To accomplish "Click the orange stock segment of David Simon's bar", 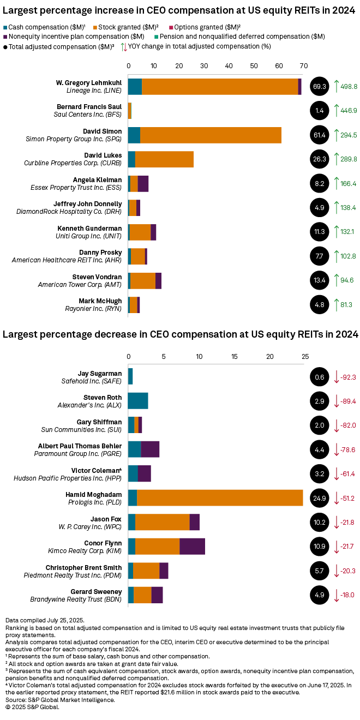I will click(211, 135).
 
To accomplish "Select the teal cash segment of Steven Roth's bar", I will click(138, 401).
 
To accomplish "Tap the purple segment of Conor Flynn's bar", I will click(192, 546).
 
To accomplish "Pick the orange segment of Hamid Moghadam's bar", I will click(220, 497).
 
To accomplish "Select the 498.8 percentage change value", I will click(348, 86).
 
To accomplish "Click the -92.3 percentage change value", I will click(347, 377).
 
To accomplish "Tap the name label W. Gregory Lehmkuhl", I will click(89, 82).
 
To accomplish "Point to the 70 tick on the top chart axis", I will click(304, 65).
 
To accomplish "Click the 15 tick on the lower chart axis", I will click(235, 356).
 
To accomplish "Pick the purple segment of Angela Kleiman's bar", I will click(143, 183).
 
